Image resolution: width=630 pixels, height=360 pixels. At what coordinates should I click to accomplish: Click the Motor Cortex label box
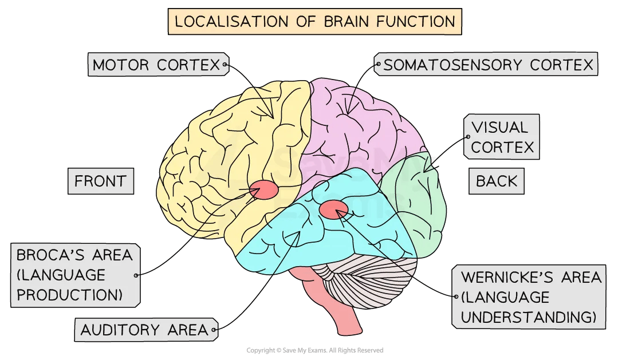click(x=156, y=65)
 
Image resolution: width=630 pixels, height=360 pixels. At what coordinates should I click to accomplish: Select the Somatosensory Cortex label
click(x=488, y=65)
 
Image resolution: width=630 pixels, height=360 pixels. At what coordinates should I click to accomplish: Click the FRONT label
click(x=101, y=181)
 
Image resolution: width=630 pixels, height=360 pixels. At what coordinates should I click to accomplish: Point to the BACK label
click(x=497, y=181)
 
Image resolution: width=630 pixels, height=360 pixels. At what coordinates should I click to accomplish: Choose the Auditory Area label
click(x=144, y=330)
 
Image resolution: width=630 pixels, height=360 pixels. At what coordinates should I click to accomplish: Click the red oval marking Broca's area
click(x=264, y=189)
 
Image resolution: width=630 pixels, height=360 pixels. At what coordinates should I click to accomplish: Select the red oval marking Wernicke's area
click(x=332, y=210)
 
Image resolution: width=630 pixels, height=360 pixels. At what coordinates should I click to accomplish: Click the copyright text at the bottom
click(x=314, y=350)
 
